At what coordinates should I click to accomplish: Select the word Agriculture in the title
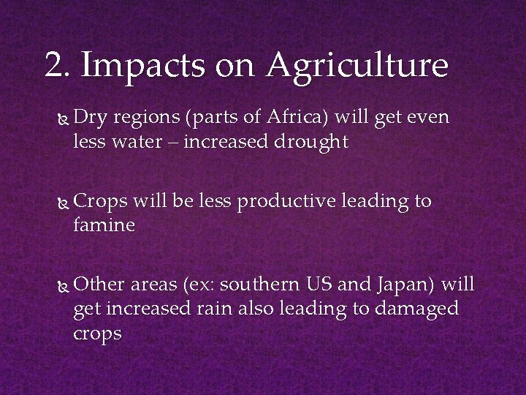click(357, 67)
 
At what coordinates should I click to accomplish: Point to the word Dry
click(90, 118)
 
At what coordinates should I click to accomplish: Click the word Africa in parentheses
click(289, 117)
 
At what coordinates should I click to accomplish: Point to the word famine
click(104, 225)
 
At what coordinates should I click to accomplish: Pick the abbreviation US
click(319, 284)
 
